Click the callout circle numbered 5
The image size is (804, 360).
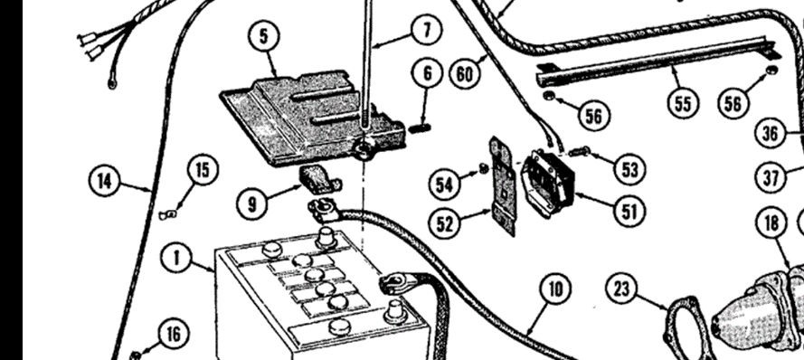pos(263,37)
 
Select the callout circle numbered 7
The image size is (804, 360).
pos(427,30)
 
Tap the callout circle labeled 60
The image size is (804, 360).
pos(465,74)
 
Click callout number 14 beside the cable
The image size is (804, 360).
pos(104,181)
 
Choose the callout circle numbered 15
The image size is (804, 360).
pos(203,170)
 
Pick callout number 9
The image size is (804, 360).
pos(251,204)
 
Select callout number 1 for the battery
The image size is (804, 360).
pos(177,258)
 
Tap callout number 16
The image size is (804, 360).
pos(174,335)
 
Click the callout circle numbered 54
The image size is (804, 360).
pos(444,185)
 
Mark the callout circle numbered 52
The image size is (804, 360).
pos(444,223)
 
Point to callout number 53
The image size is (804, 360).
pos(629,169)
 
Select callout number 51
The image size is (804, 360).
pos(629,211)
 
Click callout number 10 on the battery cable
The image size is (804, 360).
pos(556,289)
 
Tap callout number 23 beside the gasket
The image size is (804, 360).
pos(621,289)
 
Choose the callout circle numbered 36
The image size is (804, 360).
pos(771,133)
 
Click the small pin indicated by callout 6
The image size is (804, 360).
pos(420,128)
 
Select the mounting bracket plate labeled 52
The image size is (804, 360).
pos(503,185)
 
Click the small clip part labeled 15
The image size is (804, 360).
pos(167,215)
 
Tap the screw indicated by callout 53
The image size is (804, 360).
pos(580,151)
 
